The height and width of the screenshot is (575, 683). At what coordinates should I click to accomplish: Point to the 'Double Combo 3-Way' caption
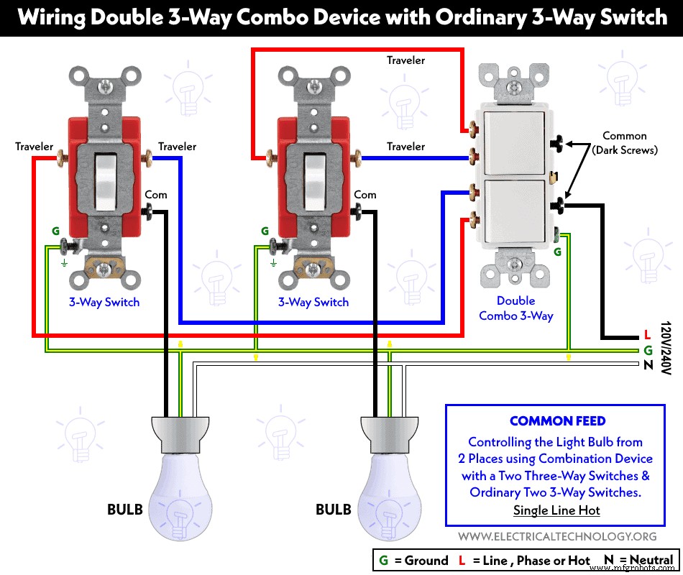[516, 308]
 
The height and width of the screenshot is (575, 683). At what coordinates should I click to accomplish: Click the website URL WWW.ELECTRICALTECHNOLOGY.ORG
[557, 536]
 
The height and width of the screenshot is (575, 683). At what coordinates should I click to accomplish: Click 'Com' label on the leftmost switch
[156, 195]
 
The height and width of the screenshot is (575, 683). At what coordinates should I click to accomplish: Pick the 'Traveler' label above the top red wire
[405, 60]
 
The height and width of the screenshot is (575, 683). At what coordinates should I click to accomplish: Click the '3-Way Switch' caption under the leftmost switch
[104, 302]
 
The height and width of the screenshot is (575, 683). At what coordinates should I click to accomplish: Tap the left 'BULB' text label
[125, 510]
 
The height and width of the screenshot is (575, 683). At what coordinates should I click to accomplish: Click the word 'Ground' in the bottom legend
[425, 561]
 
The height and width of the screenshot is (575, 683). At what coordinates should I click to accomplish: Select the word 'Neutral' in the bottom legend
[648, 561]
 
